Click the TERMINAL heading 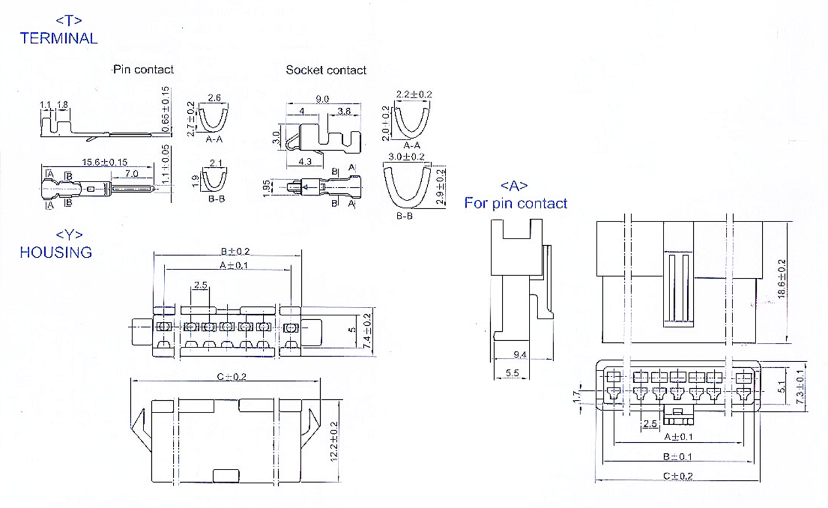tap(59, 38)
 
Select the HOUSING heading tap(56, 252)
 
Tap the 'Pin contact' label tap(143, 70)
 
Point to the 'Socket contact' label tap(326, 70)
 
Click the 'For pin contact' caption tap(516, 203)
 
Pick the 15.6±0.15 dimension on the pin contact tap(104, 162)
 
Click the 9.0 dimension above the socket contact tap(322, 99)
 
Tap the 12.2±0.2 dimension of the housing tap(334, 441)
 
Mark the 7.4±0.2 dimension tap(367, 331)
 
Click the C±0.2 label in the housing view tap(231, 377)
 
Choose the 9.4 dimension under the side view tap(519, 354)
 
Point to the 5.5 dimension tap(512, 373)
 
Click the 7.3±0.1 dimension tap(800, 387)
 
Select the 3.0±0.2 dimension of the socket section tap(406, 157)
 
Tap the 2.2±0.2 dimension tap(413, 94)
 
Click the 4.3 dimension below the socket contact tap(305, 162)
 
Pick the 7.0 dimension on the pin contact tap(131, 173)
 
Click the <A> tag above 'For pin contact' tap(514, 186)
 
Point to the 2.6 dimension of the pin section tap(214, 98)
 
